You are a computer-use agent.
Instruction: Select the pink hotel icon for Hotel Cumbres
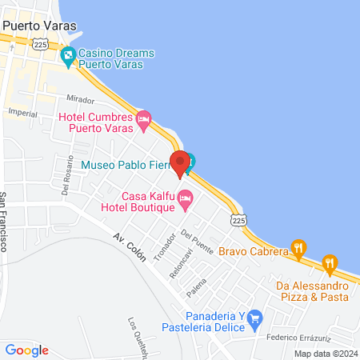click(x=144, y=121)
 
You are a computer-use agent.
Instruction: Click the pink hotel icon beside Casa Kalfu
click(x=186, y=198)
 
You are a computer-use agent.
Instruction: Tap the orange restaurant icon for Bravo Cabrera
click(x=299, y=247)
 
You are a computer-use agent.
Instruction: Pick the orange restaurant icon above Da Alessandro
click(x=329, y=262)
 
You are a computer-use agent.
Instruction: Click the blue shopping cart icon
click(x=255, y=319)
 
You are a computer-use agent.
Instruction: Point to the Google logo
click(x=26, y=350)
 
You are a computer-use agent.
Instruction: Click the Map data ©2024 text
click(x=325, y=353)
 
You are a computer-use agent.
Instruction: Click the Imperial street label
click(x=22, y=114)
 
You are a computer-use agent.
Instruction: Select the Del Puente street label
click(x=197, y=242)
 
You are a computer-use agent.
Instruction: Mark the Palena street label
click(x=197, y=287)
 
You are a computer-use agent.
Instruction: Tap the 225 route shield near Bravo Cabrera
click(x=238, y=218)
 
